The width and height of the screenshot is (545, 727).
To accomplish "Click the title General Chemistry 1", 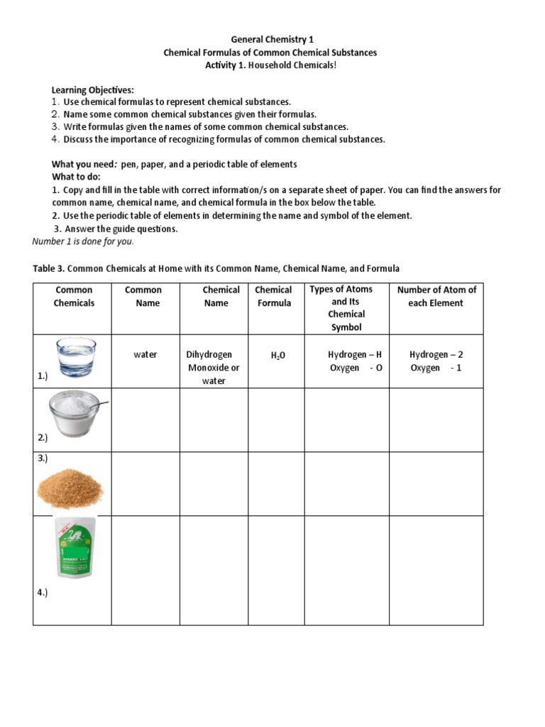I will point(272,40).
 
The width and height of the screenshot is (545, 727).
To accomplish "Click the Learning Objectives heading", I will point(92,90).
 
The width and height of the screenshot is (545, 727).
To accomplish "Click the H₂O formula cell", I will point(277,355).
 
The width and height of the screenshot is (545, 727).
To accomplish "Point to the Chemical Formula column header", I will point(273,296).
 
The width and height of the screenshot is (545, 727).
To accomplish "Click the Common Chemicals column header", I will point(74,296).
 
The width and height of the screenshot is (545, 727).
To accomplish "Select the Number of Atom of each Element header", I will point(436,296).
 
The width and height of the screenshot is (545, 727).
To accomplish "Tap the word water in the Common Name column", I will point(145,354).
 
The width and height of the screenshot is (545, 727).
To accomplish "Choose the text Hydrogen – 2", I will point(436,354).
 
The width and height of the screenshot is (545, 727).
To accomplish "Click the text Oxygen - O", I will point(355,368).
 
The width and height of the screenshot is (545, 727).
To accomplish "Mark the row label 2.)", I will point(43,437).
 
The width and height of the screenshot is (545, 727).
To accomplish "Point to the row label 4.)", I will point(43,593).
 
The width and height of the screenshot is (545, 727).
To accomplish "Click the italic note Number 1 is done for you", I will point(83,241).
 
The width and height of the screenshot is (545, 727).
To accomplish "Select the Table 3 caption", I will point(216,268).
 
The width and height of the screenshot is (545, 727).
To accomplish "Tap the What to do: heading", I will point(76,176).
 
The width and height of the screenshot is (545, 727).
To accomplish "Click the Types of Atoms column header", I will point(346,308).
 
